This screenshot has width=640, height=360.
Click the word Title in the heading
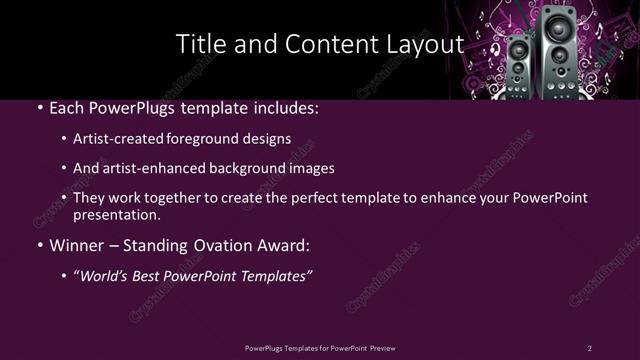pos(198,45)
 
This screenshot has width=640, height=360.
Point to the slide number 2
pos(589,348)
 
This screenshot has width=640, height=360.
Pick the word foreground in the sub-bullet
pos(215,139)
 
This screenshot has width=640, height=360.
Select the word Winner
pos(78,243)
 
